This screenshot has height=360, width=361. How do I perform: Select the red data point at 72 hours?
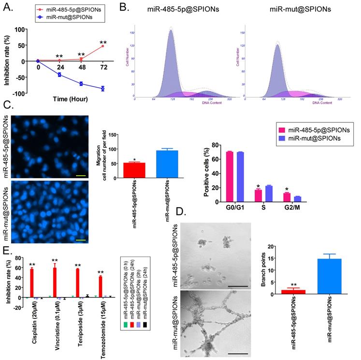(102, 46)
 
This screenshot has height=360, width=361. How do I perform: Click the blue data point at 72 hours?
(102, 89)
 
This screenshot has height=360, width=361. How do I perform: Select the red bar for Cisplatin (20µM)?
(32, 283)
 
